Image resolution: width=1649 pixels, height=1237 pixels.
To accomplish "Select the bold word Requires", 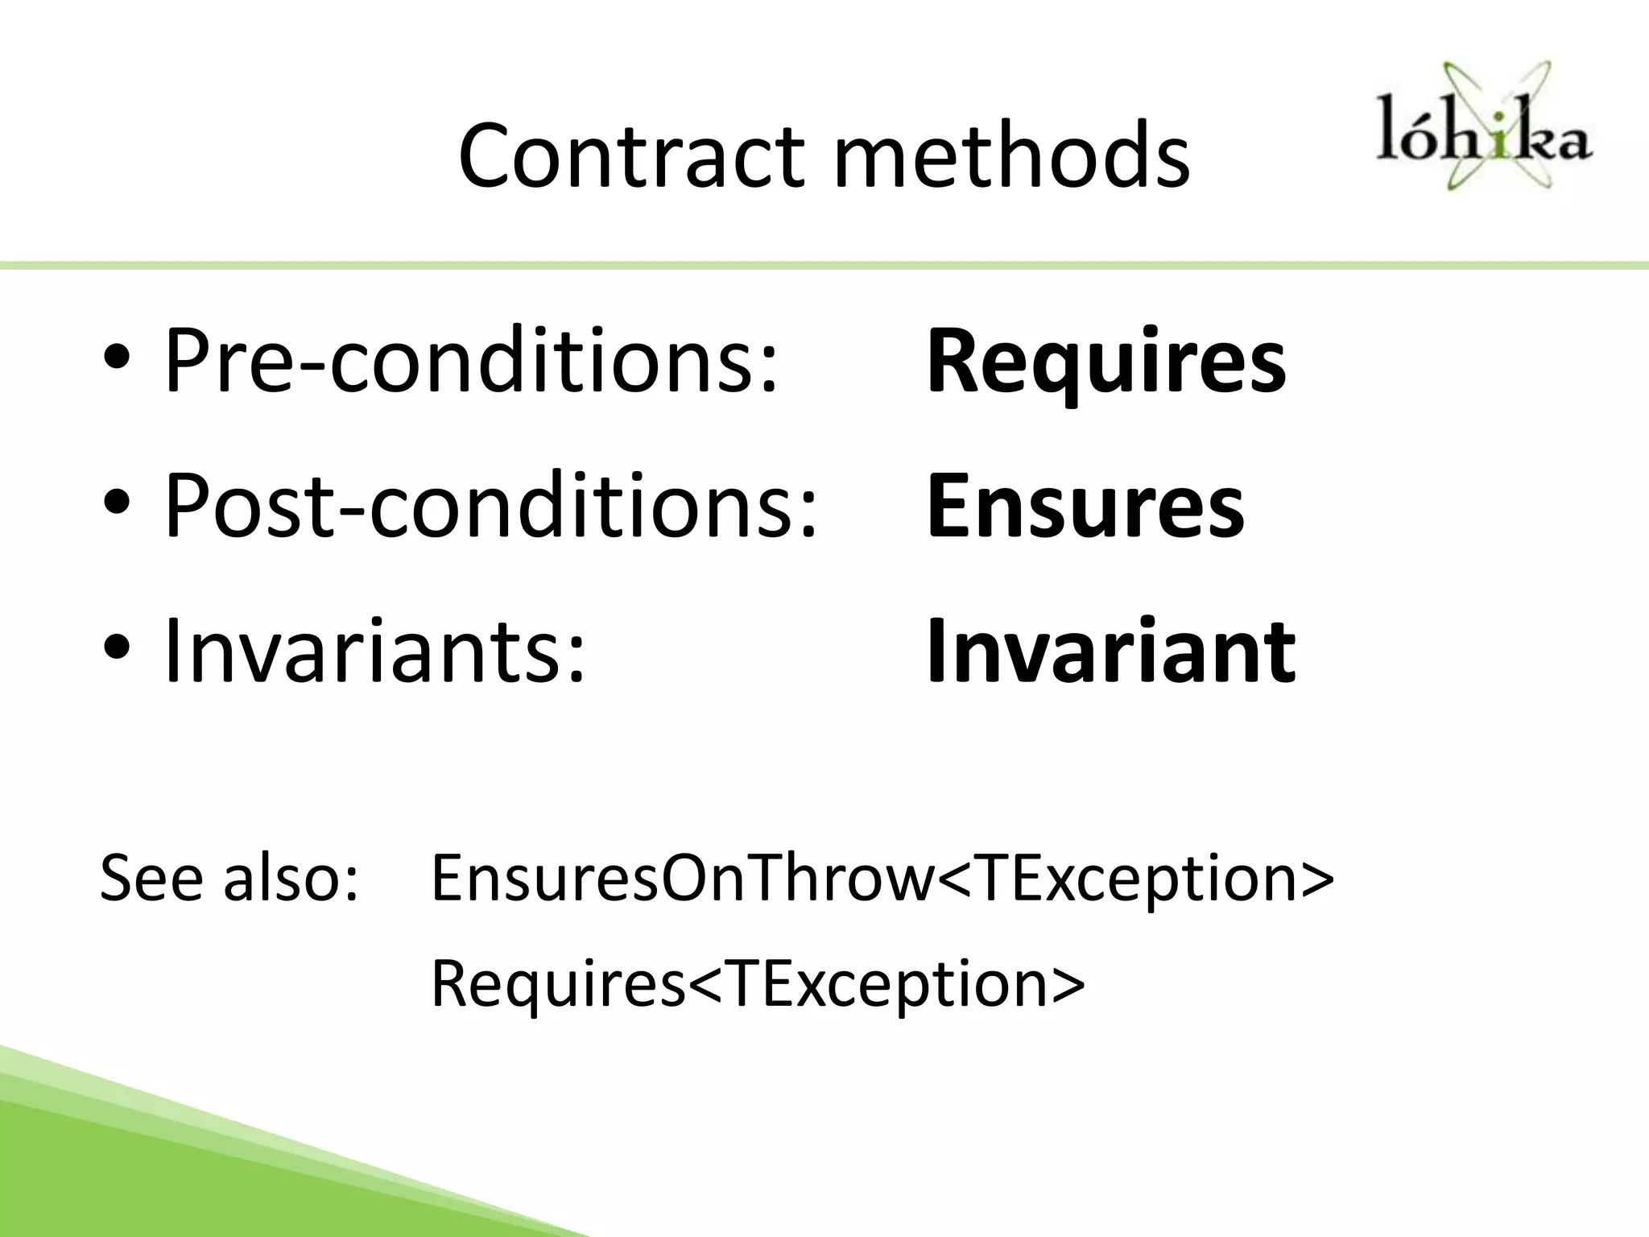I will (1106, 362).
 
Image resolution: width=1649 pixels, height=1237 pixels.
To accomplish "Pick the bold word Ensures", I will (1085, 507).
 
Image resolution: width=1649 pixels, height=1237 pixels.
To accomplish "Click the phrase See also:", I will (229, 878).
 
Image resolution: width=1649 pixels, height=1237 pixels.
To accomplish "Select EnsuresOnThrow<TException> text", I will (882, 878).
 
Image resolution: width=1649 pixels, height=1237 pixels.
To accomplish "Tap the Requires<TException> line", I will (757, 983).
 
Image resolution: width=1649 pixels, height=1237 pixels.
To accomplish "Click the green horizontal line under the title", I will (824, 266).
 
